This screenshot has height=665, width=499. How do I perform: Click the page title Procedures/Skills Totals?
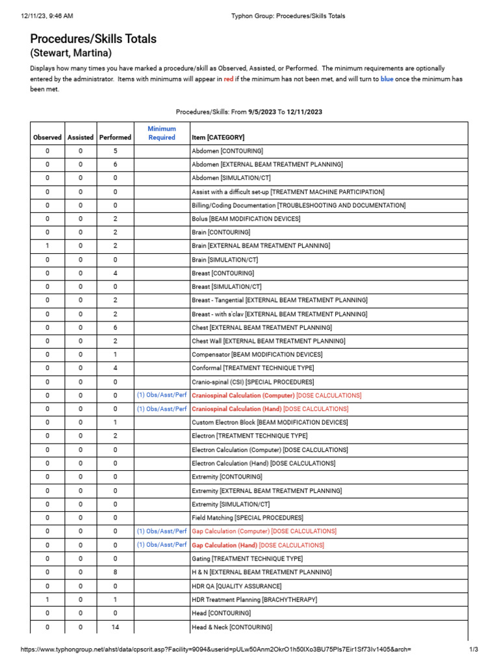pyautogui.click(x=93, y=39)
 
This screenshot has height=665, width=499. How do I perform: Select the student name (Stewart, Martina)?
pyautogui.click(x=71, y=53)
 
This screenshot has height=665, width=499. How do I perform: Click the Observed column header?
pyautogui.click(x=47, y=137)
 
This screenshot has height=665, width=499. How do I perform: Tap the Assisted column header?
pyautogui.click(x=81, y=137)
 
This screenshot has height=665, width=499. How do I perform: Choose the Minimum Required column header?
pyautogui.click(x=162, y=133)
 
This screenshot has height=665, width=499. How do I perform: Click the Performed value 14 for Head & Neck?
pyautogui.click(x=115, y=627)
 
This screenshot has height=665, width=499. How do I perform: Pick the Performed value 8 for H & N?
pyautogui.click(x=115, y=572)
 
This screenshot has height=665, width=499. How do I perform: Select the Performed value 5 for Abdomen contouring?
pyautogui.click(x=115, y=151)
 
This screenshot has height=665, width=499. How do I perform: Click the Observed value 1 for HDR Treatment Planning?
pyautogui.click(x=47, y=599)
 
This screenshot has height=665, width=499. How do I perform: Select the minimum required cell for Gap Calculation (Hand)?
pyautogui.click(x=162, y=545)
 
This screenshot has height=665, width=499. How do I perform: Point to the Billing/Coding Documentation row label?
pyautogui.click(x=298, y=205)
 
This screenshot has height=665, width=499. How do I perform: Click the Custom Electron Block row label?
pyautogui.click(x=270, y=423)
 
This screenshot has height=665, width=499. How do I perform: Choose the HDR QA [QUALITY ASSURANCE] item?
pyautogui.click(x=237, y=586)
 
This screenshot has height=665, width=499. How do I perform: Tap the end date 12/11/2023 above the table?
pyautogui.click(x=304, y=112)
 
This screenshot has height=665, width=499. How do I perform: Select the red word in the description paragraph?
pyautogui.click(x=229, y=79)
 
